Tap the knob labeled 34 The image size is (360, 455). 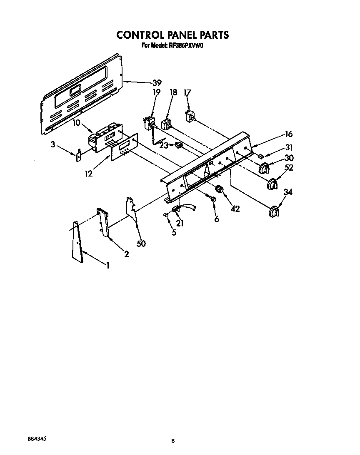(x=274, y=211)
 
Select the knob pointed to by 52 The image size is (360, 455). (x=272, y=184)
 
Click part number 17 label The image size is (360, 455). (x=187, y=93)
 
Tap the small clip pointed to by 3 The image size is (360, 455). (x=78, y=155)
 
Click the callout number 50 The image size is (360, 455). (x=141, y=244)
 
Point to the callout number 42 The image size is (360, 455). (x=235, y=209)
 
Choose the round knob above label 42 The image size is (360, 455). (x=220, y=191)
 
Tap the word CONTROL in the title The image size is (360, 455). (x=140, y=35)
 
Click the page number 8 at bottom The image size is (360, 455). (x=172, y=441)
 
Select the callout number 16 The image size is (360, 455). (x=288, y=134)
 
